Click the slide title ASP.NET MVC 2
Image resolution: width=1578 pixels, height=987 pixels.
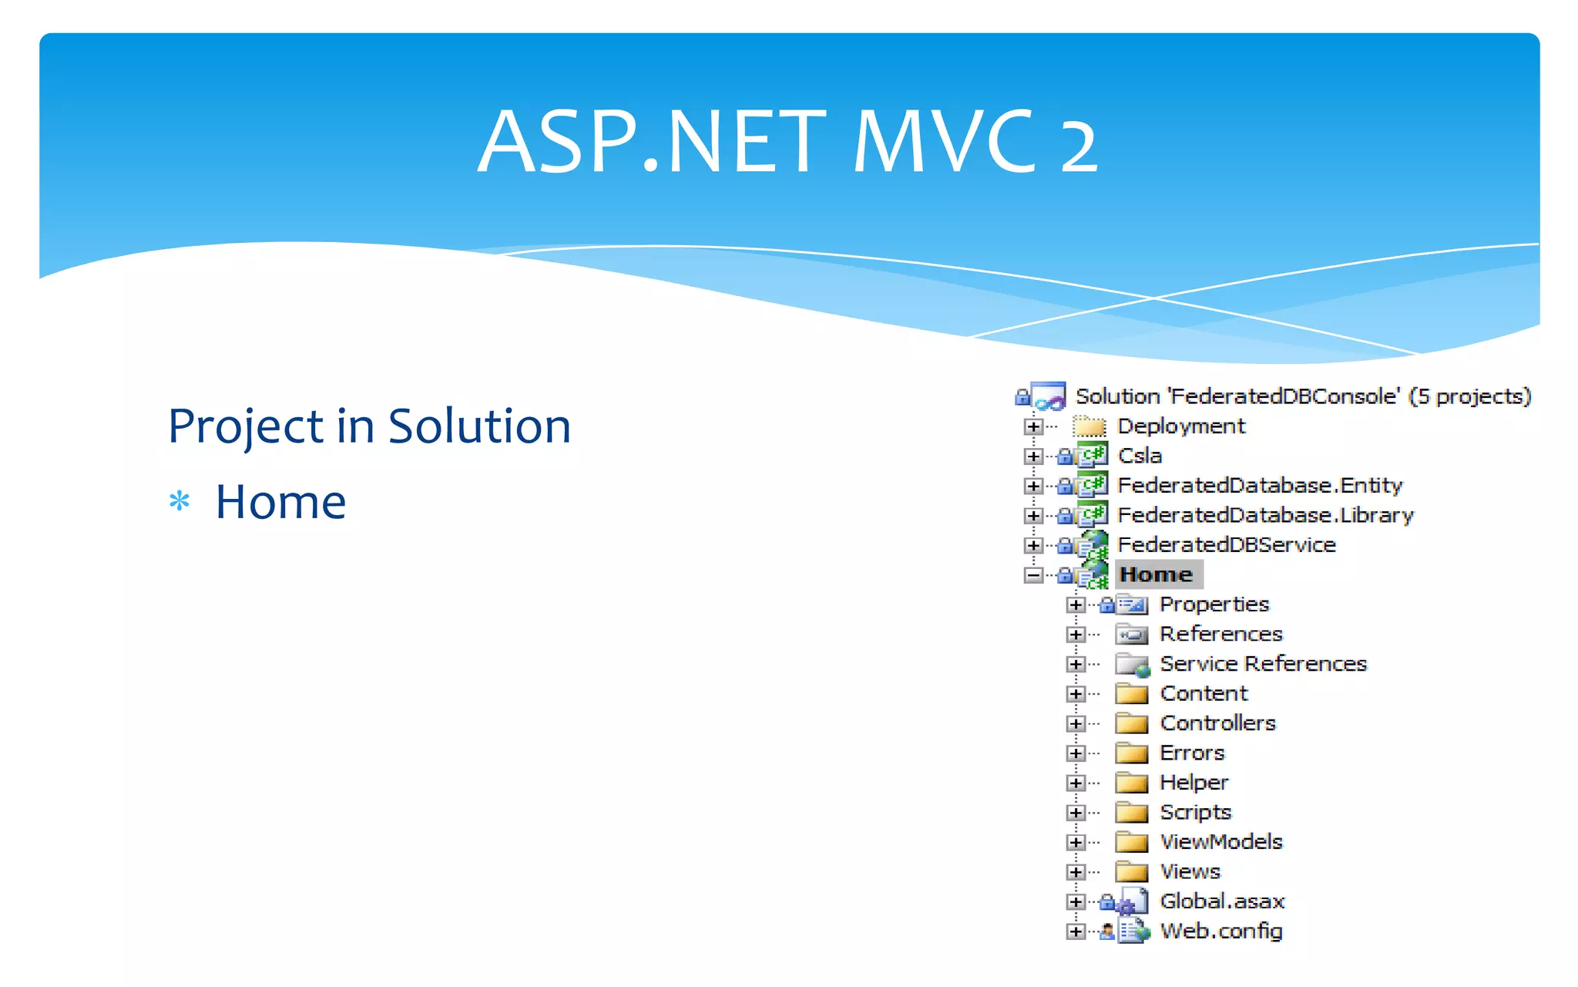point(787,142)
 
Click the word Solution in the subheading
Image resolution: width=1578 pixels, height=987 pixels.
point(478,426)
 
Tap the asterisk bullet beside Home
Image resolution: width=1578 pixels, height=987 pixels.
point(180,502)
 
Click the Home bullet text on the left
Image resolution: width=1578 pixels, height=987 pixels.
point(280,502)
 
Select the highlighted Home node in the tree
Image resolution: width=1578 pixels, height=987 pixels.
point(1156,574)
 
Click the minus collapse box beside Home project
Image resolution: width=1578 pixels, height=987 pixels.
point(1033,575)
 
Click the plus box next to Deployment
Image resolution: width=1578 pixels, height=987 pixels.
point(1033,426)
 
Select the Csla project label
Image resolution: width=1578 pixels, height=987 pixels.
point(1140,456)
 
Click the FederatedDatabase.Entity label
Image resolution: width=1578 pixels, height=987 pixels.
point(1259,486)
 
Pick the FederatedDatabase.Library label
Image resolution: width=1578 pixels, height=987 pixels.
point(1265,515)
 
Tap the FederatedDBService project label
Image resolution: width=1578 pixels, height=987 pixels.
point(1226,545)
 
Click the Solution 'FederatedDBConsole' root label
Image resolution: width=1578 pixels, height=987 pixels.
point(1302,396)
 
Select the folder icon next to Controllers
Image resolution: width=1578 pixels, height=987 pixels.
point(1131,723)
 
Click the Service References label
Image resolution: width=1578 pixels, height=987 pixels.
point(1263,664)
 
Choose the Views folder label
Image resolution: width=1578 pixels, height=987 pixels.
point(1190,872)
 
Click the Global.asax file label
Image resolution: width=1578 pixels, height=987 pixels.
point(1222,901)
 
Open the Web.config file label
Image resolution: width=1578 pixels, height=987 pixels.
point(1221,931)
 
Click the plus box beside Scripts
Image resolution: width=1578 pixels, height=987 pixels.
point(1076,813)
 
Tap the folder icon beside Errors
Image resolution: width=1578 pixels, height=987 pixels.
point(1131,753)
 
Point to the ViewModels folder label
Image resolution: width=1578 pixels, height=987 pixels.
point(1221,842)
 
